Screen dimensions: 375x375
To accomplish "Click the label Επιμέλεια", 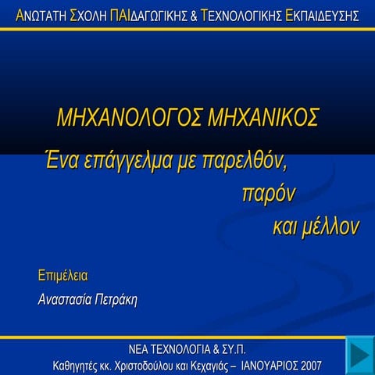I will point(62,276).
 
